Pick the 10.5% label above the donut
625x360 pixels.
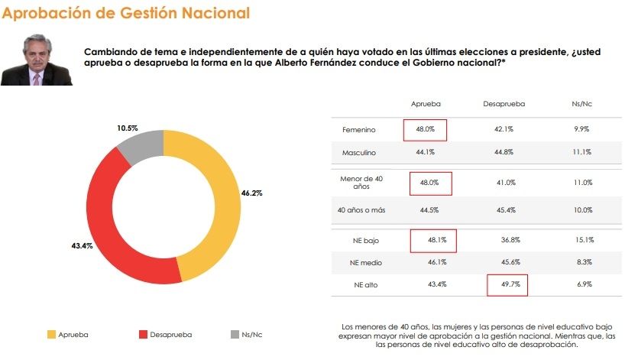(x=126, y=128)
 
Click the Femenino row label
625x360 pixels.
(x=358, y=130)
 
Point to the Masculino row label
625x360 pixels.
(x=359, y=152)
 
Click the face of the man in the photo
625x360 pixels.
(x=36, y=57)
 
